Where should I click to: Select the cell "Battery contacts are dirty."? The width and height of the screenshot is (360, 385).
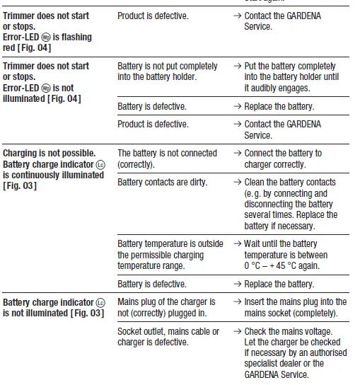tap(162, 182)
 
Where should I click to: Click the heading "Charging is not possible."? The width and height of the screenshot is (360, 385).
tap(49, 153)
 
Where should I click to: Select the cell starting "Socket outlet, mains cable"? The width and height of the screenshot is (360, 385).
tap(168, 336)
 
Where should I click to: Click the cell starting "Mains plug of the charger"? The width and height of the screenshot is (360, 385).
tap(167, 307)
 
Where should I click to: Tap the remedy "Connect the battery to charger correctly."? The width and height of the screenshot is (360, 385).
tap(282, 159)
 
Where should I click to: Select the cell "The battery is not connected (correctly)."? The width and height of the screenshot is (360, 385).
tap(167, 159)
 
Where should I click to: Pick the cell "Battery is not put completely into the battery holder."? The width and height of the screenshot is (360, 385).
tap(167, 71)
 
